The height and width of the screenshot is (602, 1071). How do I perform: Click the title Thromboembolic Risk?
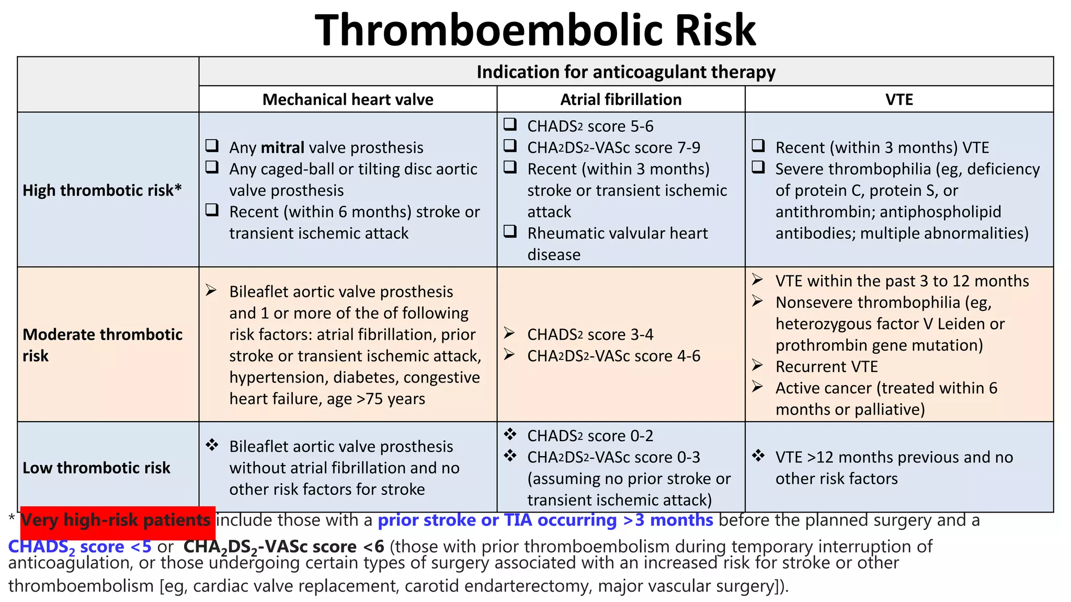point(535,30)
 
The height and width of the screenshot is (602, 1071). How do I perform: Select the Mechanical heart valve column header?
point(348,99)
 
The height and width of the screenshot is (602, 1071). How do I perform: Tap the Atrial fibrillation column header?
point(621,99)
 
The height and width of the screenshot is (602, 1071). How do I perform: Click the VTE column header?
point(899,99)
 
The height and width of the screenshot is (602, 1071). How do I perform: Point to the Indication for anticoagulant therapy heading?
point(626,72)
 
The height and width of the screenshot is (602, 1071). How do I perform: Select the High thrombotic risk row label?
point(102,190)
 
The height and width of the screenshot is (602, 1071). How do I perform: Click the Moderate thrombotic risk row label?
point(102,345)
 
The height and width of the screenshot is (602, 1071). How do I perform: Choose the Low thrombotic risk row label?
point(96,468)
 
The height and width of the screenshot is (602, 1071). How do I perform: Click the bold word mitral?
point(282,148)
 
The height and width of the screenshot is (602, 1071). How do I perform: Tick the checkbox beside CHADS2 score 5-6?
point(510,124)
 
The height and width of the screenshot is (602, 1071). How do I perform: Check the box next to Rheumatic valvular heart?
point(510,231)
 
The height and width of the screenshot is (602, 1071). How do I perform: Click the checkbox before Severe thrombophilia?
point(758,167)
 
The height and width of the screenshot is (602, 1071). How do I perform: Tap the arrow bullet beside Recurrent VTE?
point(758,365)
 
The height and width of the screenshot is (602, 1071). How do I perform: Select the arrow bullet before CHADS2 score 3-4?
point(509,333)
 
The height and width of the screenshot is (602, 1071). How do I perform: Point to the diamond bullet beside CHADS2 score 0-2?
point(510,434)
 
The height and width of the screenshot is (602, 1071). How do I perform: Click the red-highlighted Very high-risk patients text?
point(116,520)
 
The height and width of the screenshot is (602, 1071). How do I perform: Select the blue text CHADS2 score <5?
point(79,547)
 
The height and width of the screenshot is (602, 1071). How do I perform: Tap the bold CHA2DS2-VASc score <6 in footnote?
point(283,547)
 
